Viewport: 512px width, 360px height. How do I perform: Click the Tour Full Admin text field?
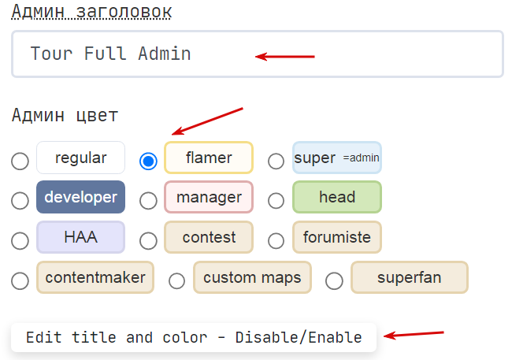click(x=258, y=54)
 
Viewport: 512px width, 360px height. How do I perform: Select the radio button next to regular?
click(x=20, y=161)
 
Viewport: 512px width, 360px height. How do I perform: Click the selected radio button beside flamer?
click(x=148, y=161)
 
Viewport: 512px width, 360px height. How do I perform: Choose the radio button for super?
click(x=276, y=161)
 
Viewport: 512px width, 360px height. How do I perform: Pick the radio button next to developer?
click(x=20, y=200)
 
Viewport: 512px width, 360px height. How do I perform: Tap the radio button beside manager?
click(x=148, y=200)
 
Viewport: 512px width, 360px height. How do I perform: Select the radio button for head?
click(x=276, y=200)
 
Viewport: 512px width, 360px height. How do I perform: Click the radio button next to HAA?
click(x=20, y=241)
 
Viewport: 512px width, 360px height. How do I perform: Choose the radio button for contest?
click(x=148, y=241)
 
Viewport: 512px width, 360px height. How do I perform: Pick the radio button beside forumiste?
click(x=276, y=241)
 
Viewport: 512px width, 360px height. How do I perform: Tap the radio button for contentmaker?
click(x=20, y=281)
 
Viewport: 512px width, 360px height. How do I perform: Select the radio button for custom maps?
click(x=177, y=281)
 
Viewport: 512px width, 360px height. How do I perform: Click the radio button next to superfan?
click(x=334, y=281)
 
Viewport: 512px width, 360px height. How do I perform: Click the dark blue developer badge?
click(x=80, y=197)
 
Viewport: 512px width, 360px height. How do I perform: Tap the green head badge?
click(x=337, y=197)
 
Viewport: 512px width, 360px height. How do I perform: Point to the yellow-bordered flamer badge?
click(x=209, y=158)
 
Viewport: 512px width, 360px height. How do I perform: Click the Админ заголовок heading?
click(x=91, y=12)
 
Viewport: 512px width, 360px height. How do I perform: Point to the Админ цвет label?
click(x=65, y=115)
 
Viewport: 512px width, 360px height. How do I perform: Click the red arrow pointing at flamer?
click(x=207, y=121)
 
